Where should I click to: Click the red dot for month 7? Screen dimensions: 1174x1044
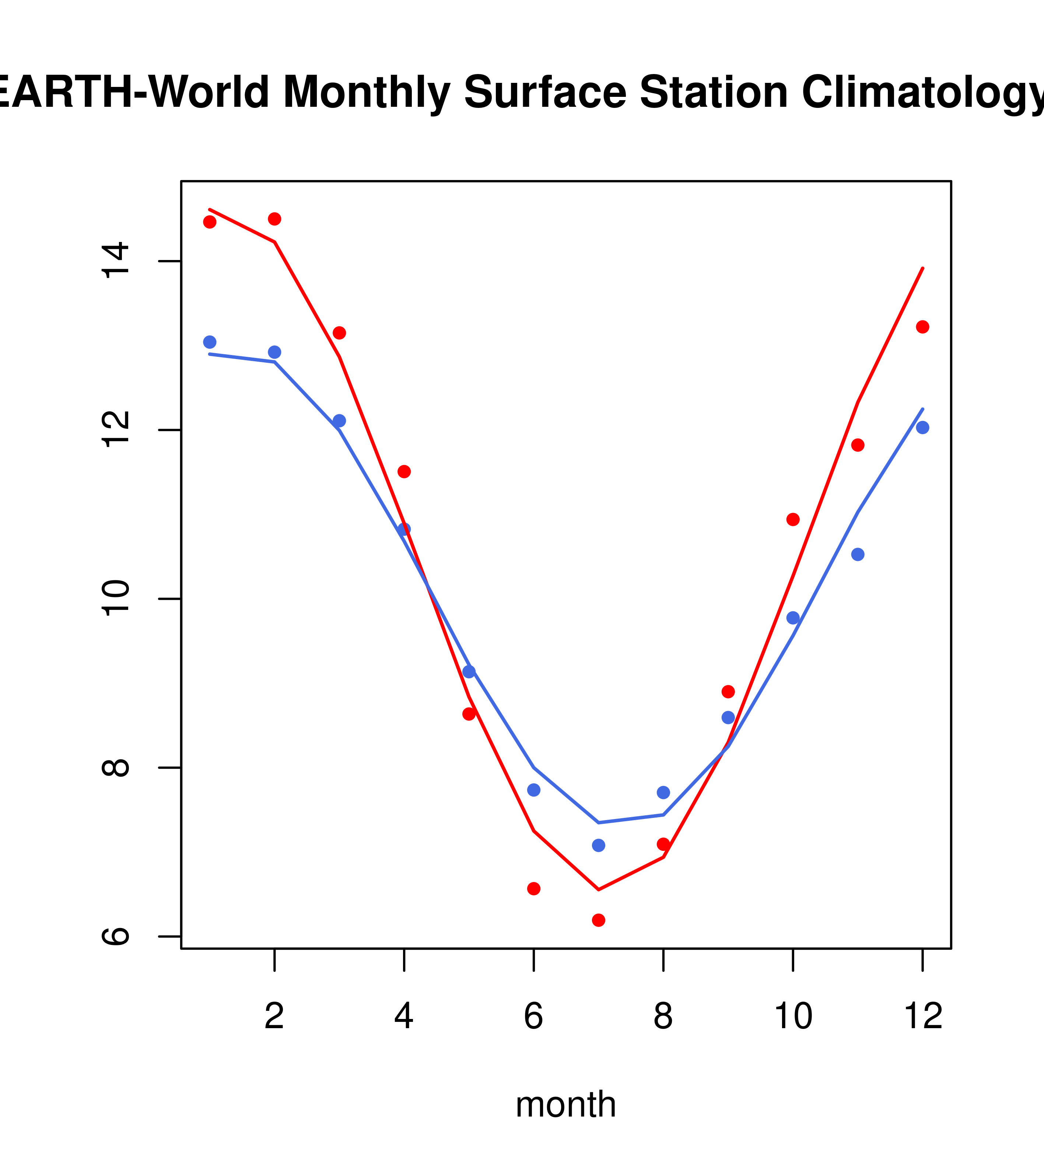pyautogui.click(x=598, y=920)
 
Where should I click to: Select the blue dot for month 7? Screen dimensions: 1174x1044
pyautogui.click(x=598, y=846)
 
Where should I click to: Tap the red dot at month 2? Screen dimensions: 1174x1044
pyautogui.click(x=275, y=219)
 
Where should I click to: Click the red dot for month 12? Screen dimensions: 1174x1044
pyautogui.click(x=922, y=327)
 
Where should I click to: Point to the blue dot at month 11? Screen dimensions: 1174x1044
pyautogui.click(x=857, y=554)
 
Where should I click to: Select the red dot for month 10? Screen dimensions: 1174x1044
pyautogui.click(x=793, y=519)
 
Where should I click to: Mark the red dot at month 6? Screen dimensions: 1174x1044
pyautogui.click(x=534, y=889)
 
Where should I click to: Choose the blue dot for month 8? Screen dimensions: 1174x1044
pyautogui.click(x=663, y=792)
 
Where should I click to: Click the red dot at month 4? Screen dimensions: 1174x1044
pyautogui.click(x=404, y=472)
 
